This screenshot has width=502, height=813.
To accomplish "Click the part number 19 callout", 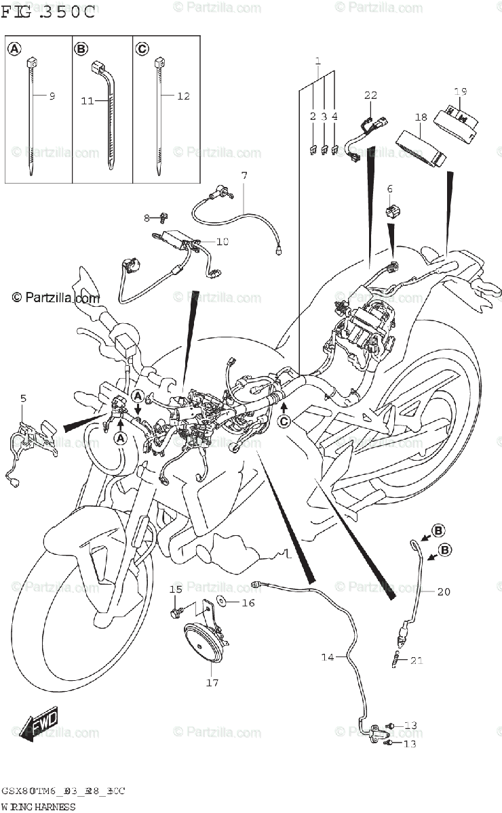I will coord(461,91).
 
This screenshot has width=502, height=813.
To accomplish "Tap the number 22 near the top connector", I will coord(370,96).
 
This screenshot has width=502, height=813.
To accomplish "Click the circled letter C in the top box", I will coord(142,49).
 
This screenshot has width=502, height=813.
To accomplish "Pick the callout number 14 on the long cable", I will coord(328,656).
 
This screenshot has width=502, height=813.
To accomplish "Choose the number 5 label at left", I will coord(23,399).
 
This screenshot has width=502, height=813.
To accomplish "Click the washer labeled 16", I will coord(220,601).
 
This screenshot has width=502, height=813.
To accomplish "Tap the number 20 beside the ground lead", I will coord(443,591).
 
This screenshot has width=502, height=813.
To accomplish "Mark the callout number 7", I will coord(244,176).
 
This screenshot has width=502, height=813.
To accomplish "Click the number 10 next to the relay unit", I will coord(223,241).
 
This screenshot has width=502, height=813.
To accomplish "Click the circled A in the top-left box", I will coord(14,49).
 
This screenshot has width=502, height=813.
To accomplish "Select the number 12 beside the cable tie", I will coord(183,96).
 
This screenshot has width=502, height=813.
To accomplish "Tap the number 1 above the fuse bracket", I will coord(317,62).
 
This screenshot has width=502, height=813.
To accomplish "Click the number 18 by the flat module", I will coord(421,117).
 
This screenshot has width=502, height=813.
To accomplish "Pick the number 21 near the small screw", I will coord(416,660).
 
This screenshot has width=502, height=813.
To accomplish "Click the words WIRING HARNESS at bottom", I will coord(37,807).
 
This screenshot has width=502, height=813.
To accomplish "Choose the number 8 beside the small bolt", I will coord(146,217).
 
